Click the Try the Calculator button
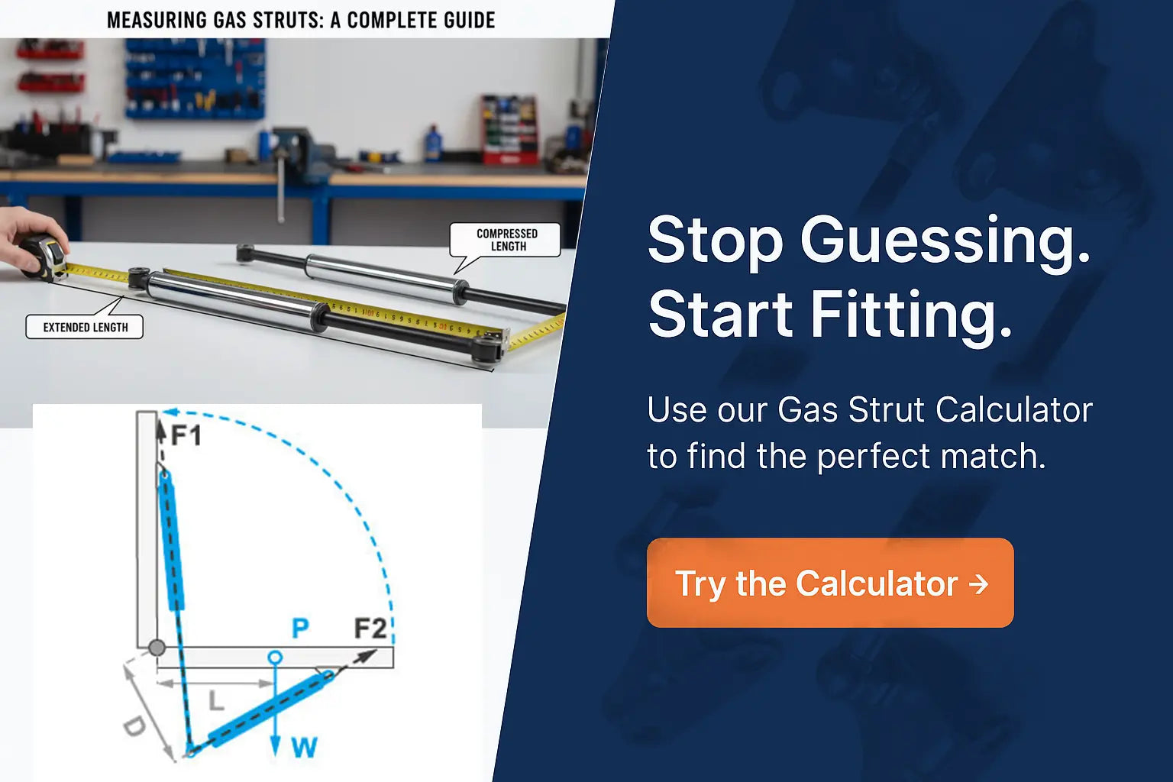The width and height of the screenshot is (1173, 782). point(829,583)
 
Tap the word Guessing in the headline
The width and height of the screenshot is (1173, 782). point(945,241)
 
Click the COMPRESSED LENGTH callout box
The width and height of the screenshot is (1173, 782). point(507,240)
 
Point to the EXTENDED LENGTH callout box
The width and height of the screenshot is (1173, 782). point(85,327)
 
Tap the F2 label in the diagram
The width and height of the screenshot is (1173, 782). point(370,629)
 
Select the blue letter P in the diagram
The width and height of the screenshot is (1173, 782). point(300,629)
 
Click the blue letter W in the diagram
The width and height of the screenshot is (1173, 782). point(304,747)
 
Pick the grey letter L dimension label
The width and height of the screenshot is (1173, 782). point(216,700)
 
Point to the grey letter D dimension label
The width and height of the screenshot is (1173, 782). point(134,725)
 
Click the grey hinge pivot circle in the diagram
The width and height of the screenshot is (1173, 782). point(157,648)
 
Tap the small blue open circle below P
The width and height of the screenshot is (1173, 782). point(276,657)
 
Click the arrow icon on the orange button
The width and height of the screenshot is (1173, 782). point(978,584)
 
